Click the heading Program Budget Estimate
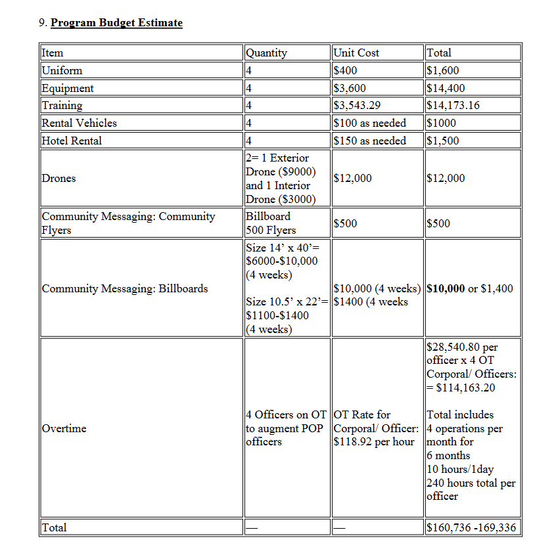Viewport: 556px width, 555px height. pos(116,23)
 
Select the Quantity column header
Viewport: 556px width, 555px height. pos(266,53)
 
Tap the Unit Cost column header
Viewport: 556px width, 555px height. pos(356,53)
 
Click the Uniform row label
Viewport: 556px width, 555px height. pos(62,71)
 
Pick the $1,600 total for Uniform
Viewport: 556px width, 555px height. pos(443,71)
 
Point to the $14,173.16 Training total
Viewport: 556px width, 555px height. pos(453,105)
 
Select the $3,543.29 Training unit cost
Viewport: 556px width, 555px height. pos(358,105)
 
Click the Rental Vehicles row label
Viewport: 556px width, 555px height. pos(79,123)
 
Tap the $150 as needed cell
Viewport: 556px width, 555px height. pos(370,141)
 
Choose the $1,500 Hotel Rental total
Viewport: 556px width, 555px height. pos(443,141)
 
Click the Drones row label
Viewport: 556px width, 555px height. pos(58,178)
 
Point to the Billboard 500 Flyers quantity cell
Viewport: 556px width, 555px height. pos(270,223)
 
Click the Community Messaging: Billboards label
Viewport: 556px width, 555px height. pos(124,288)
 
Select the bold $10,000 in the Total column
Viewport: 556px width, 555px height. pos(446,288)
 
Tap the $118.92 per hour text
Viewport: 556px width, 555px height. pos(374,441)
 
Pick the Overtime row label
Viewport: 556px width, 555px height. pos(64,428)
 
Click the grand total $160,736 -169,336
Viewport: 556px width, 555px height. pos(471,527)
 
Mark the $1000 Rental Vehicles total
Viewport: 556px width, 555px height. pos(441,123)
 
